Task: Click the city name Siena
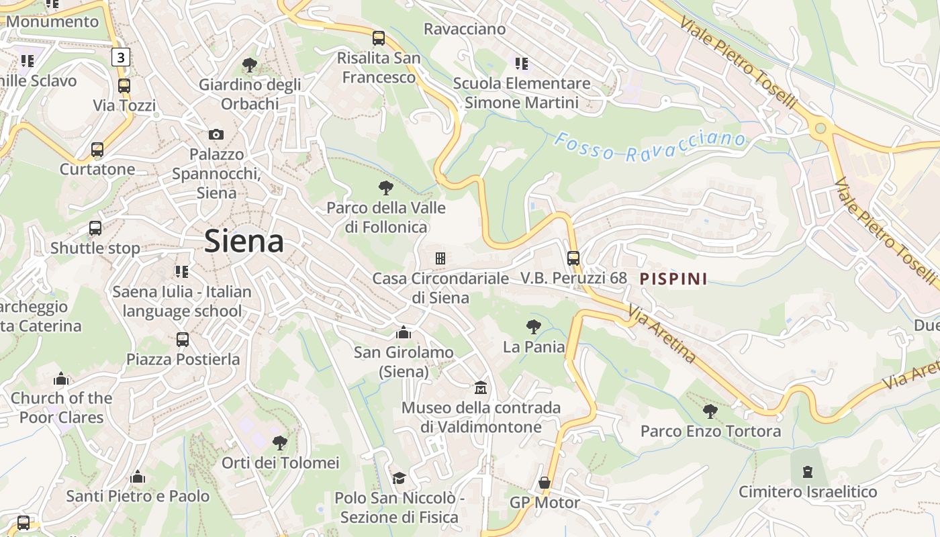click(244, 240)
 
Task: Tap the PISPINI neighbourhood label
click(673, 279)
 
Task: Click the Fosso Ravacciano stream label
click(649, 147)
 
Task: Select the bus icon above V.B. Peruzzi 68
click(573, 258)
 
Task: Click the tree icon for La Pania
click(534, 327)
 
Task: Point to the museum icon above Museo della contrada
click(481, 388)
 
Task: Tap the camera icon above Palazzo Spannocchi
click(216, 134)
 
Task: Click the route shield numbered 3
click(120, 57)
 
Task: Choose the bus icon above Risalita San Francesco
click(379, 38)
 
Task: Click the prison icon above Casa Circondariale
click(440, 258)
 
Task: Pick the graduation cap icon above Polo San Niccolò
click(399, 478)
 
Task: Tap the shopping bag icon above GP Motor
click(545, 483)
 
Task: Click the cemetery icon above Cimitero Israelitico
click(808, 471)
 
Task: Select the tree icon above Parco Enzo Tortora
click(710, 411)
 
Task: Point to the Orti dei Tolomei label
click(281, 463)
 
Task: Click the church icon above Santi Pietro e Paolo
click(138, 477)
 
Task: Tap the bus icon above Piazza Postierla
click(183, 339)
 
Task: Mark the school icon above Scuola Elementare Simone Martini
click(521, 64)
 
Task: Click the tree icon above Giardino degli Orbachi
click(250, 65)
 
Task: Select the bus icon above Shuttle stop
click(95, 228)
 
